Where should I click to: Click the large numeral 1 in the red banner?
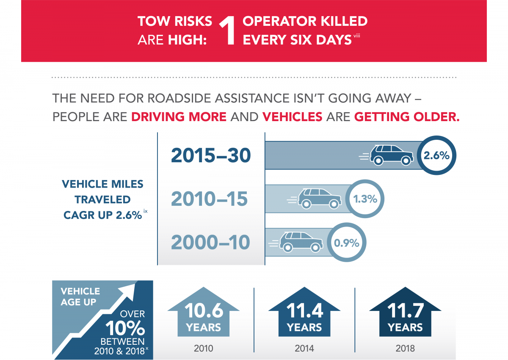coord(227,30)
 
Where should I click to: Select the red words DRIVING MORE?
coord(179,117)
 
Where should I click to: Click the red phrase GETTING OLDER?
coord(407,117)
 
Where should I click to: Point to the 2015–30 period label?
coord(211,155)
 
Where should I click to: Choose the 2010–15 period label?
coord(209,199)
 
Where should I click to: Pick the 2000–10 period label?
coord(210,242)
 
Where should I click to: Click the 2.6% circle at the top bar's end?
coord(436,155)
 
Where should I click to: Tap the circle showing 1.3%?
coord(364,199)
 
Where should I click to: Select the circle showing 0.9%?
coord(347,242)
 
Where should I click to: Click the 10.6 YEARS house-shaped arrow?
coord(204,312)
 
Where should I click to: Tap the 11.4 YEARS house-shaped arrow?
coord(304,312)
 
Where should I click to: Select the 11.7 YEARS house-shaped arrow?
coord(405,312)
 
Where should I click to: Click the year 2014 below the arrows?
coord(304,349)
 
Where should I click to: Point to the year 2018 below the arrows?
coord(405,349)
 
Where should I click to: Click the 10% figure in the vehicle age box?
coord(125,328)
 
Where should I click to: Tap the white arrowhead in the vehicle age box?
coord(129,291)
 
